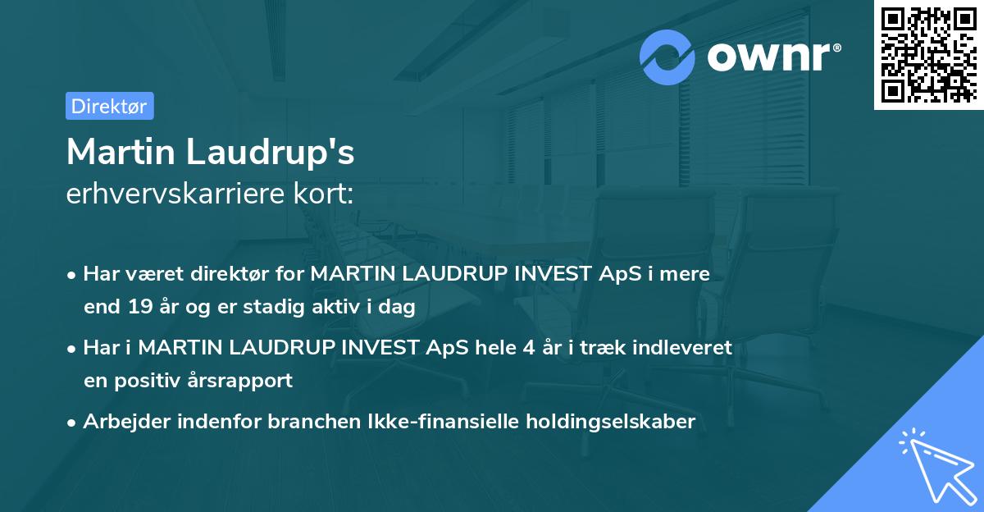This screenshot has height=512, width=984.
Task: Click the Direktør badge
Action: [109, 106]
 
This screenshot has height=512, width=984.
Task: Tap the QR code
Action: [928, 54]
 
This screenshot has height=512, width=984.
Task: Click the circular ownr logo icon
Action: [667, 57]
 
